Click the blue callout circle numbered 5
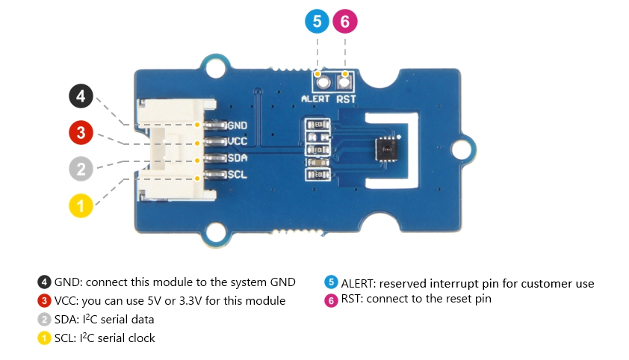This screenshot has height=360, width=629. coord(317,22)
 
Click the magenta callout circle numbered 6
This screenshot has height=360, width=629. coord(344,22)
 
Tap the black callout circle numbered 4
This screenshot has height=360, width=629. coord(81,96)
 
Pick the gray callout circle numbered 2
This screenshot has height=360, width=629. coord(81,169)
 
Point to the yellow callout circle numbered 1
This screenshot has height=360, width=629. coord(81,205)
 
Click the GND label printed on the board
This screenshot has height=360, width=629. coord(238,125)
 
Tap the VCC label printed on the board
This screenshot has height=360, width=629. coord(238,142)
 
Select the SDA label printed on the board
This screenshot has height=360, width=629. coord(238,158)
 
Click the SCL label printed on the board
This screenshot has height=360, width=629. coord(238,175)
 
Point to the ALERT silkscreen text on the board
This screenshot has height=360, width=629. coord(315,98)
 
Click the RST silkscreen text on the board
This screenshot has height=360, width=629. coord(345,98)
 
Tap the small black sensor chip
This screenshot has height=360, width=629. coord(387,146)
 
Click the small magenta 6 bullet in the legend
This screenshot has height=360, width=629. coord(330,300)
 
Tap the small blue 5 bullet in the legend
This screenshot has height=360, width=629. coord(330,283)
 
